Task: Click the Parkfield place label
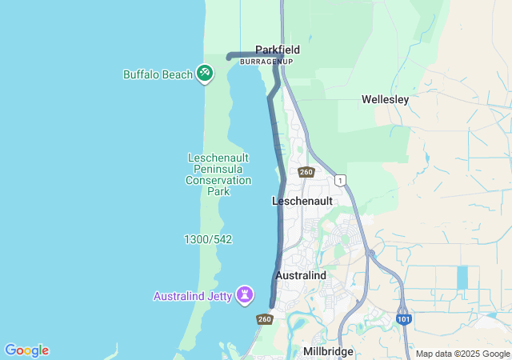[278, 50]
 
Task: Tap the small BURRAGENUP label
[266, 62]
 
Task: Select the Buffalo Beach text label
[158, 74]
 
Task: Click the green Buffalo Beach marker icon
[205, 73]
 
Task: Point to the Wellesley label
[385, 100]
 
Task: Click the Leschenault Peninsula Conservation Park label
[218, 174]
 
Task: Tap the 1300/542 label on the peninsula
[208, 239]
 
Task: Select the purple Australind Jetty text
[193, 296]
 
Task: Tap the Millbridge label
[328, 351]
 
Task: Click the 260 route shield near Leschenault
[306, 172]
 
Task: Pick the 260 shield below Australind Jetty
[265, 319]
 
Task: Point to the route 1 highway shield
[340, 180]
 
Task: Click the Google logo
[26, 350]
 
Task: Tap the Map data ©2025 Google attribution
[462, 354]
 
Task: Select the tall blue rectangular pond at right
[462, 278]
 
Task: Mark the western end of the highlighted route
[230, 57]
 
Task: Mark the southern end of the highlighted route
[273, 306]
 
